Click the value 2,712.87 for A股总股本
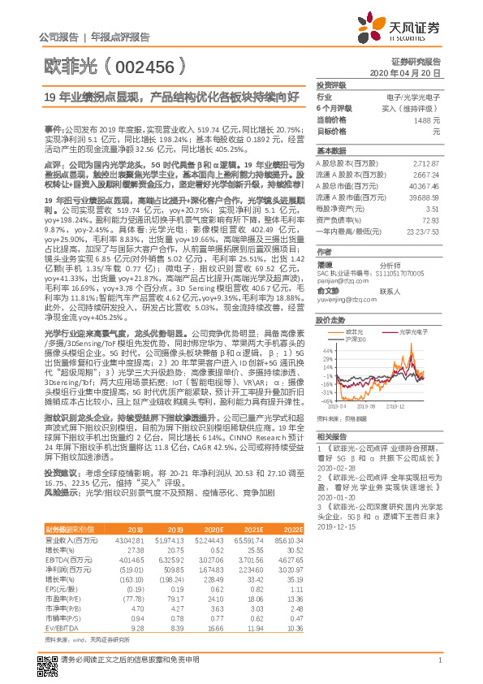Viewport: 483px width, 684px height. click(426, 163)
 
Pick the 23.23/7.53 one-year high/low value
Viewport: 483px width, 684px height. click(423, 232)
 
